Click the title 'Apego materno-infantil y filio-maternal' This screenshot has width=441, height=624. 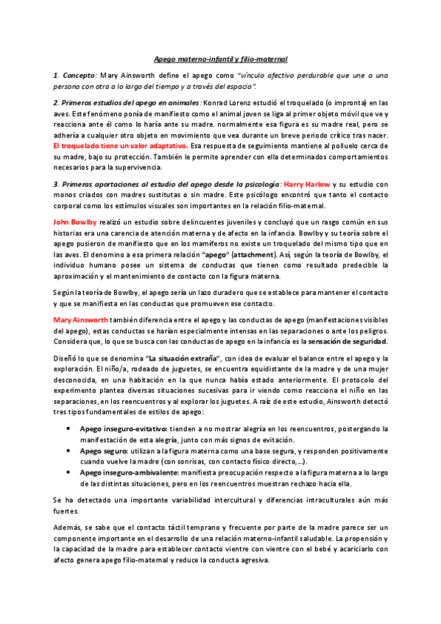220,58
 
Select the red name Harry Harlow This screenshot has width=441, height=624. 304,182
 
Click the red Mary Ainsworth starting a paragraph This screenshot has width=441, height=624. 80,319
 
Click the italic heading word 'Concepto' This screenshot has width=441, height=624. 78,76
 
